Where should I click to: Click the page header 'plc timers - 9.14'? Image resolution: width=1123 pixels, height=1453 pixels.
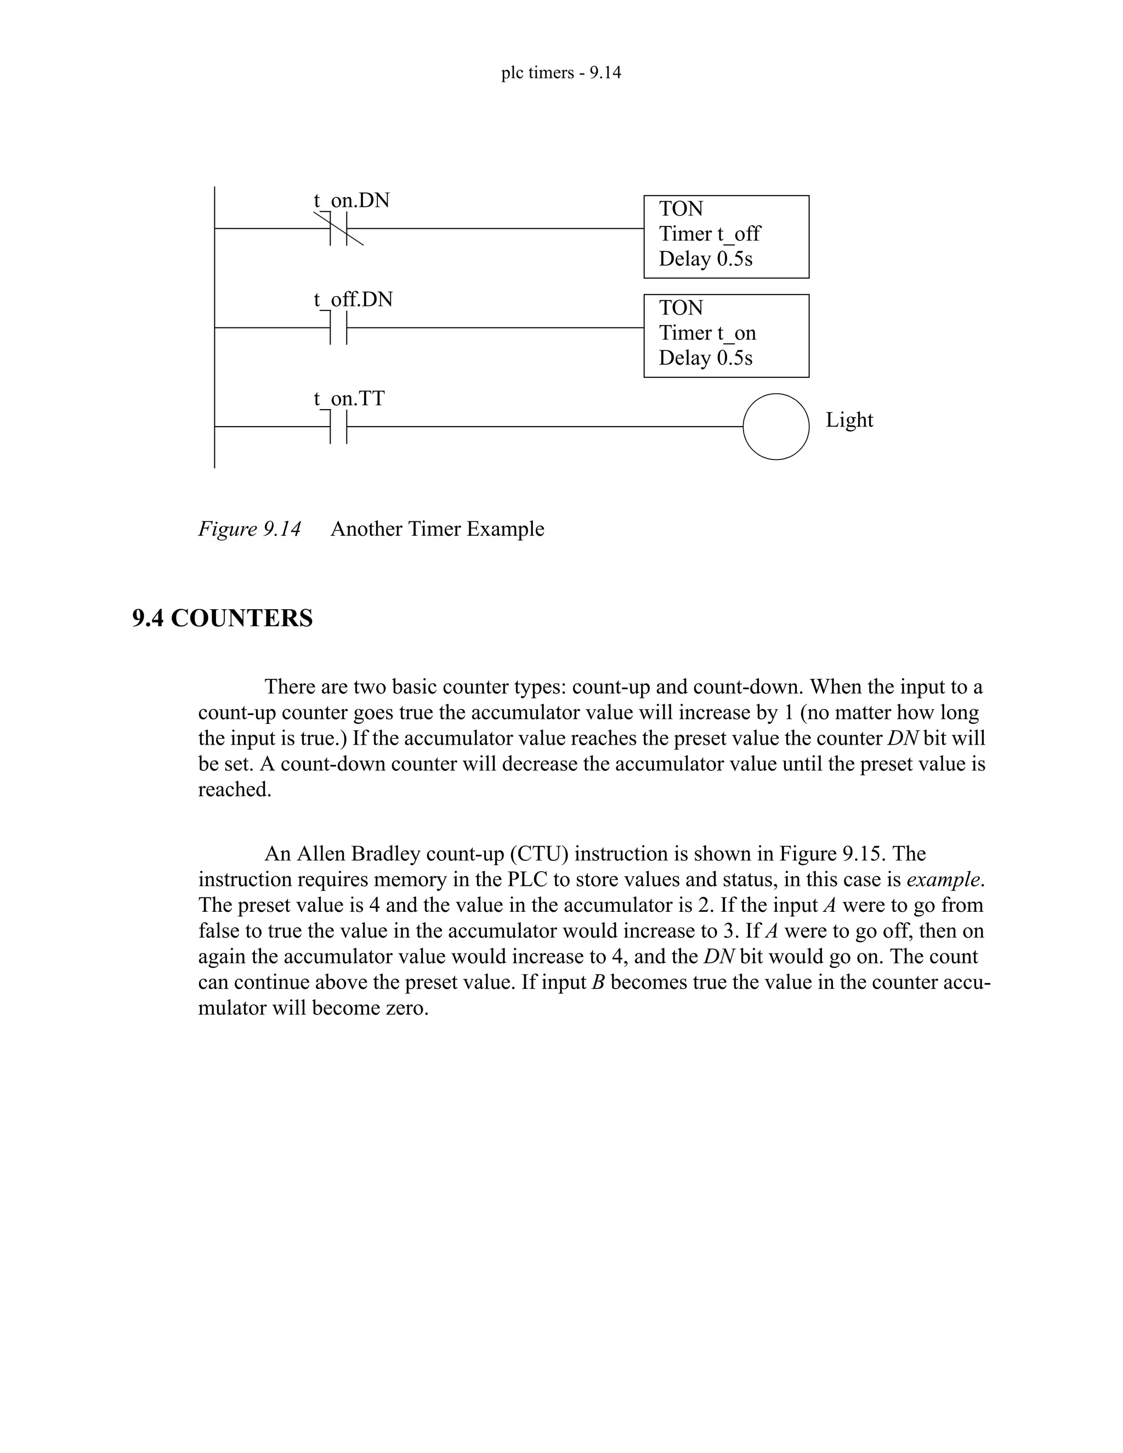click(561, 72)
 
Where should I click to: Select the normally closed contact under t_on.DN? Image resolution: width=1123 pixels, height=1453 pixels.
click(339, 228)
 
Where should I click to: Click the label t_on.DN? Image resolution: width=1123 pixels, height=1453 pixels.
click(351, 200)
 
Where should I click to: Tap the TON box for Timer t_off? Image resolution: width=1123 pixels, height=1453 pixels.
click(726, 236)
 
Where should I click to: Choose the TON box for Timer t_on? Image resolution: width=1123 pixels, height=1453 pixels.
click(726, 336)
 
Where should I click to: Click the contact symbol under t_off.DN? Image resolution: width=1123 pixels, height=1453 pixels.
click(339, 327)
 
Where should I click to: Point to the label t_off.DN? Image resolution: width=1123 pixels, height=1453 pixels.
click(353, 299)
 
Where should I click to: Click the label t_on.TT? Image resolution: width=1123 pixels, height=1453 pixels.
click(349, 399)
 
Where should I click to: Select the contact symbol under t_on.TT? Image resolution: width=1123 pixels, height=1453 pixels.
click(339, 427)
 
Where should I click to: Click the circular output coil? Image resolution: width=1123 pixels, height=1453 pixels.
click(776, 427)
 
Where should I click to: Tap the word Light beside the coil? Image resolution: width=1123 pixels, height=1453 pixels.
click(849, 420)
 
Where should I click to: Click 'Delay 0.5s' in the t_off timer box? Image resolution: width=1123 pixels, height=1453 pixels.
click(705, 259)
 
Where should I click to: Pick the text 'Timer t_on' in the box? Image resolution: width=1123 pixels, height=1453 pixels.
click(707, 333)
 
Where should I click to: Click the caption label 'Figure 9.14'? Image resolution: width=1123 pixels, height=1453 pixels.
click(249, 529)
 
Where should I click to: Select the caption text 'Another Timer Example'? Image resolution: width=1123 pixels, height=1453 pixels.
click(437, 529)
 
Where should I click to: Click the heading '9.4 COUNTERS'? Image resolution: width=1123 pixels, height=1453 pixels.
click(222, 618)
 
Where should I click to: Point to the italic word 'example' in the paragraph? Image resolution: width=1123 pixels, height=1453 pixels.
click(943, 879)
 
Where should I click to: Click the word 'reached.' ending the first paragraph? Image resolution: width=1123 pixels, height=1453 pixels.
click(235, 790)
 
